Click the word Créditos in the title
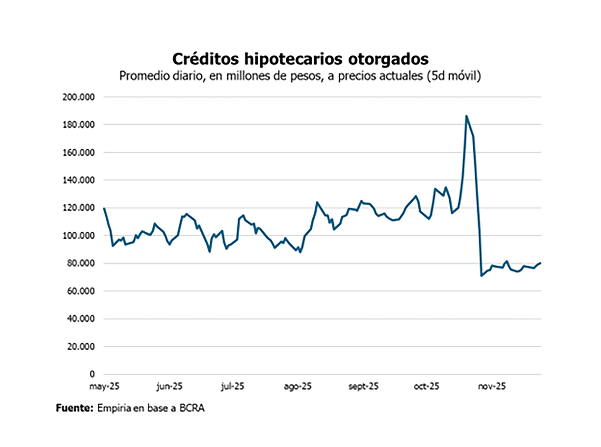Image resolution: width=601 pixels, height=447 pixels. [x=205, y=59]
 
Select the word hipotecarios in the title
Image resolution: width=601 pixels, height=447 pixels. [x=293, y=59]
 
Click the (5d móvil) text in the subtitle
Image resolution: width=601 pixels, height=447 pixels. [x=454, y=76]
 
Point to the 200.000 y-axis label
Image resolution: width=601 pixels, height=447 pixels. [x=78, y=97]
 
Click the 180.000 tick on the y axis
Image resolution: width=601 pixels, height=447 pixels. [x=78, y=125]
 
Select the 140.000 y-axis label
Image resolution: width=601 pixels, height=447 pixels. [x=78, y=180]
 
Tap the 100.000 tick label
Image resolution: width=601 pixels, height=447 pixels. [x=78, y=236]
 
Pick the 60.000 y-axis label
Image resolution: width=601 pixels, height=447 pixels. [x=80, y=291]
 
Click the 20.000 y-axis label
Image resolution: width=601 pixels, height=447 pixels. [x=80, y=347]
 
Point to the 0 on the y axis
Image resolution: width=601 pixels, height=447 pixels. [x=92, y=374]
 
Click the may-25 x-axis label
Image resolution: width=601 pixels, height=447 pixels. [x=104, y=386]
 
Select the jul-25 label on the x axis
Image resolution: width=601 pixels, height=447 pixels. [x=232, y=386]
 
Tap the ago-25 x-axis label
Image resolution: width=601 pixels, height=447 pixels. [x=297, y=387]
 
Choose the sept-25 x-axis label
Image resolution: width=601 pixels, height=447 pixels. [x=363, y=386]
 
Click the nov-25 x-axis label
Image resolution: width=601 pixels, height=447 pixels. [x=491, y=386]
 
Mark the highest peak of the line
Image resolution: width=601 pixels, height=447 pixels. [x=466, y=116]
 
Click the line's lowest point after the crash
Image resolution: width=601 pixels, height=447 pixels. [x=481, y=276]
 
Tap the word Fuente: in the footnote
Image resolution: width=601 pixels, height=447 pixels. [x=74, y=408]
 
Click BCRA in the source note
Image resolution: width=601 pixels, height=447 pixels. [x=192, y=408]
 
